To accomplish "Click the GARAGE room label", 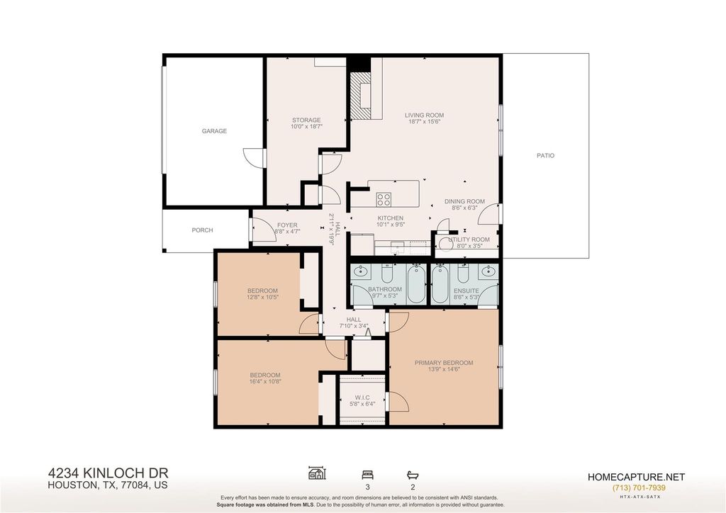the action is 214,131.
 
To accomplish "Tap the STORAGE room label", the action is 306,120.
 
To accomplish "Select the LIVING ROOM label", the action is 424,115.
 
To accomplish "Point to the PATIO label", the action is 545,155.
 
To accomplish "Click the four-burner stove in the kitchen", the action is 384,199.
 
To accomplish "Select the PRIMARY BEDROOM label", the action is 444,363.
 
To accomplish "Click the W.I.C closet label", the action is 362,398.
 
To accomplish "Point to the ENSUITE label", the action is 467,291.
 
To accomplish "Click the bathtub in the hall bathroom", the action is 417,283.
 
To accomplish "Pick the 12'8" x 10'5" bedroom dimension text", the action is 262,297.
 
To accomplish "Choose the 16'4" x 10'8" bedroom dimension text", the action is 265,382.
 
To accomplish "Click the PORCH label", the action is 202,230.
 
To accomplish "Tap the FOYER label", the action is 287,225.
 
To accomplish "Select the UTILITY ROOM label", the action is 469,239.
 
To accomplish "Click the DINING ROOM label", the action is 464,201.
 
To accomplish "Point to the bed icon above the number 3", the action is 368,475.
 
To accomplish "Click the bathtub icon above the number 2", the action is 413,475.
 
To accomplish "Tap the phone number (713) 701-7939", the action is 639,487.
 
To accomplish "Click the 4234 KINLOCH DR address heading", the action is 108,473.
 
